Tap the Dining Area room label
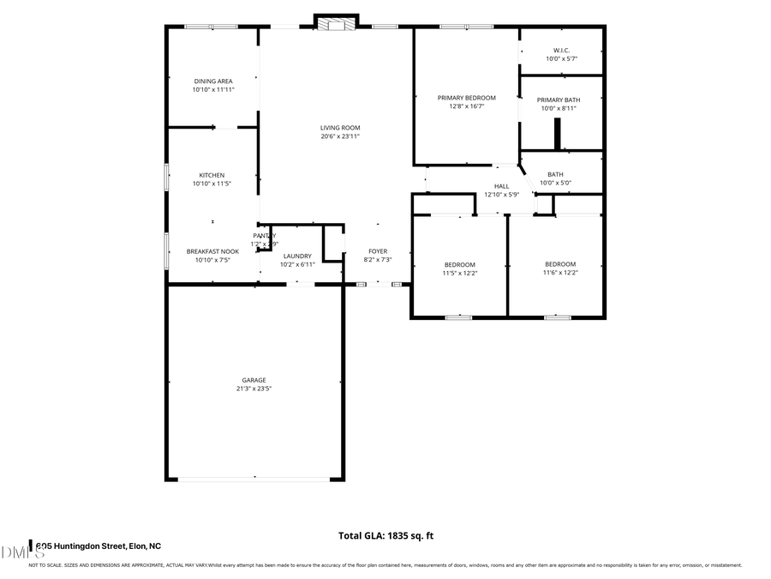pos(213,81)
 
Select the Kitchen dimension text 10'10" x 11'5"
pos(213,184)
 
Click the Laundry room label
pos(297,256)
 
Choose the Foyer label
pos(378,251)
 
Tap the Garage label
pos(254,380)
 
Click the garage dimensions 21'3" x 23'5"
pos(254,389)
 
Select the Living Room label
pos(340,128)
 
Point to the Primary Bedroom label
pos(466,98)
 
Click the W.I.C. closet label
pos(561,51)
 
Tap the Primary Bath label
pos(558,100)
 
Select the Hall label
pos(501,186)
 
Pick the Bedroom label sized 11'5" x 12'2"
pos(459,264)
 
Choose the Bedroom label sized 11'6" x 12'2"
pos(560,264)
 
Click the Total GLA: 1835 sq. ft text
pos(385,535)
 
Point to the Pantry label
pos(264,236)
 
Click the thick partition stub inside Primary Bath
pos(557,134)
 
